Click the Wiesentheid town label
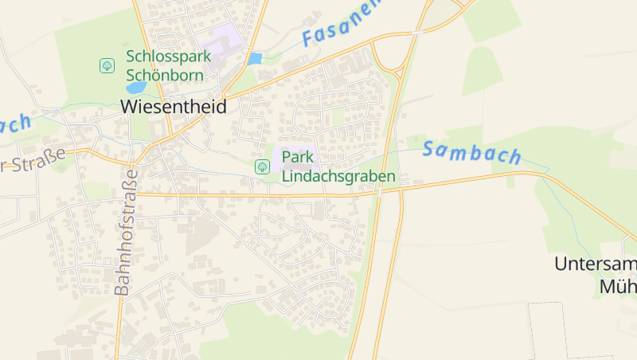pyautogui.click(x=174, y=106)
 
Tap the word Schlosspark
pyautogui.click(x=169, y=57)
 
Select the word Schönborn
pyautogui.click(x=165, y=75)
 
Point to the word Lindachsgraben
pyautogui.click(x=338, y=175)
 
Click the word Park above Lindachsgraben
pyautogui.click(x=298, y=158)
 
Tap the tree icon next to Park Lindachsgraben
pyautogui.click(x=261, y=166)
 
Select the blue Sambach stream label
pyautogui.click(x=471, y=152)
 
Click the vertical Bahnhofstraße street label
pyautogui.click(x=126, y=232)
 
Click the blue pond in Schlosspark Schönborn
pyautogui.click(x=136, y=88)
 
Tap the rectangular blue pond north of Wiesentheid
pyautogui.click(x=255, y=58)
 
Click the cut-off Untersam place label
pyautogui.click(x=596, y=265)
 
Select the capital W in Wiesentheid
pyautogui.click(x=130, y=106)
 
